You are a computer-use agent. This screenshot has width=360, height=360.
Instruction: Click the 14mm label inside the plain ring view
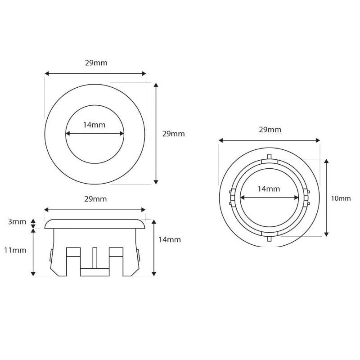94,125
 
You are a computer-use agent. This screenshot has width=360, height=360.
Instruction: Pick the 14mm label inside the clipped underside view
269,189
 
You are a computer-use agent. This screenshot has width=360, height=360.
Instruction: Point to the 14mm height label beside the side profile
170,239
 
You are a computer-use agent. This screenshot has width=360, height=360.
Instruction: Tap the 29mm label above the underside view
270,130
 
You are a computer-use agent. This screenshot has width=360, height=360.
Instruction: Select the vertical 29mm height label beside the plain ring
173,134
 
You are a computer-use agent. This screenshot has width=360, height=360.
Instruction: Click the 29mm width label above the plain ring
96,63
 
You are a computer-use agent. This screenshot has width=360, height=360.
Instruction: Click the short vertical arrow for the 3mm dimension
33,223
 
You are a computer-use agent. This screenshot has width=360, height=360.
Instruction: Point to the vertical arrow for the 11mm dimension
33,252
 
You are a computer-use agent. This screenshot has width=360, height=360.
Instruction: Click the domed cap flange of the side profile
95,224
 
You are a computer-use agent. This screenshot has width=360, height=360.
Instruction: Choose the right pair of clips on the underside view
308,198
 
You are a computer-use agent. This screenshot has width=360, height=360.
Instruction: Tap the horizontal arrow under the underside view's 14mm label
269,198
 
